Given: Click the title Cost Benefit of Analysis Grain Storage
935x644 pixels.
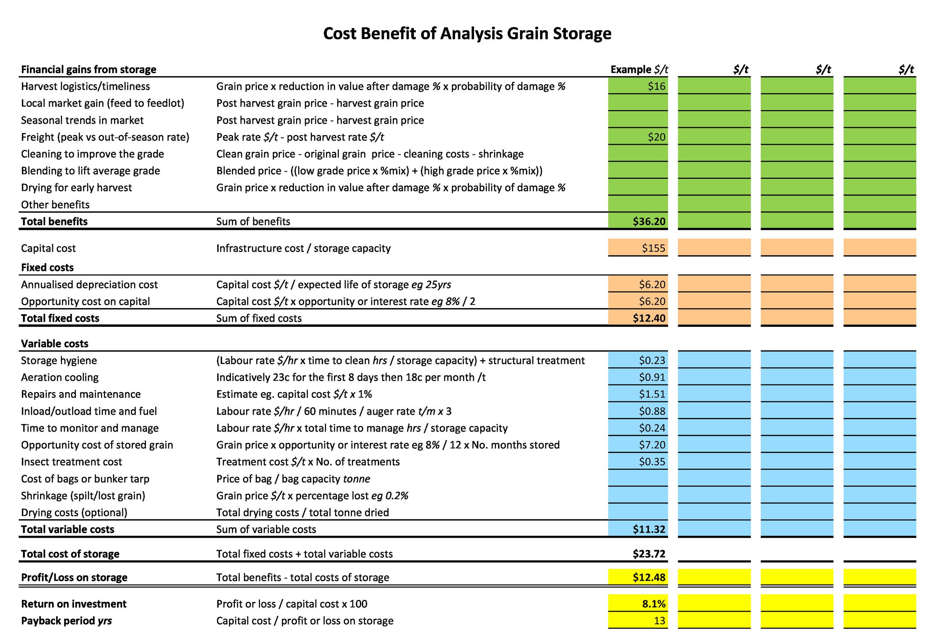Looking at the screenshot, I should [x=467, y=34].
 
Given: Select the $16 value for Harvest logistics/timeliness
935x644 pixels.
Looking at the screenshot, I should [x=656, y=86].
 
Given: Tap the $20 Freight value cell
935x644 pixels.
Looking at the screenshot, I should [x=656, y=137].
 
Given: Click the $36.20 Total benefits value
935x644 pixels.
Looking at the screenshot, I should [x=649, y=221].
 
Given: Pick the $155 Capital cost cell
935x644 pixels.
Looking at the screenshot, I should [x=653, y=248].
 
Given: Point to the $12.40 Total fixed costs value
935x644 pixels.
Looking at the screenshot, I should [x=649, y=318].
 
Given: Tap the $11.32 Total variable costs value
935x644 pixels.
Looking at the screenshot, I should [x=649, y=530].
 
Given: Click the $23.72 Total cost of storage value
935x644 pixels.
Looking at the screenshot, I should [x=649, y=554].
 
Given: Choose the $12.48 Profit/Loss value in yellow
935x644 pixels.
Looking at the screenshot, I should [x=649, y=577].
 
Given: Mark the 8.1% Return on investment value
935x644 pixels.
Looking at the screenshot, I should [x=653, y=604].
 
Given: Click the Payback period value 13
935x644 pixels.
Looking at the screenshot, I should [x=659, y=621].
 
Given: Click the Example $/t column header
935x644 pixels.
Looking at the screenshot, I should [x=639, y=70].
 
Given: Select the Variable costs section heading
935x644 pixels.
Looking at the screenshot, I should [x=55, y=344].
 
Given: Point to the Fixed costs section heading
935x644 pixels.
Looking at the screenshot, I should [x=47, y=267].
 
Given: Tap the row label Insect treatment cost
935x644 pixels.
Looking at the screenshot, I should [x=71, y=462].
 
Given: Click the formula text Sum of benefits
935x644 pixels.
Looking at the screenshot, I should [x=253, y=221].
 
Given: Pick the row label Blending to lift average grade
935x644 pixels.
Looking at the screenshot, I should [x=91, y=171].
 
